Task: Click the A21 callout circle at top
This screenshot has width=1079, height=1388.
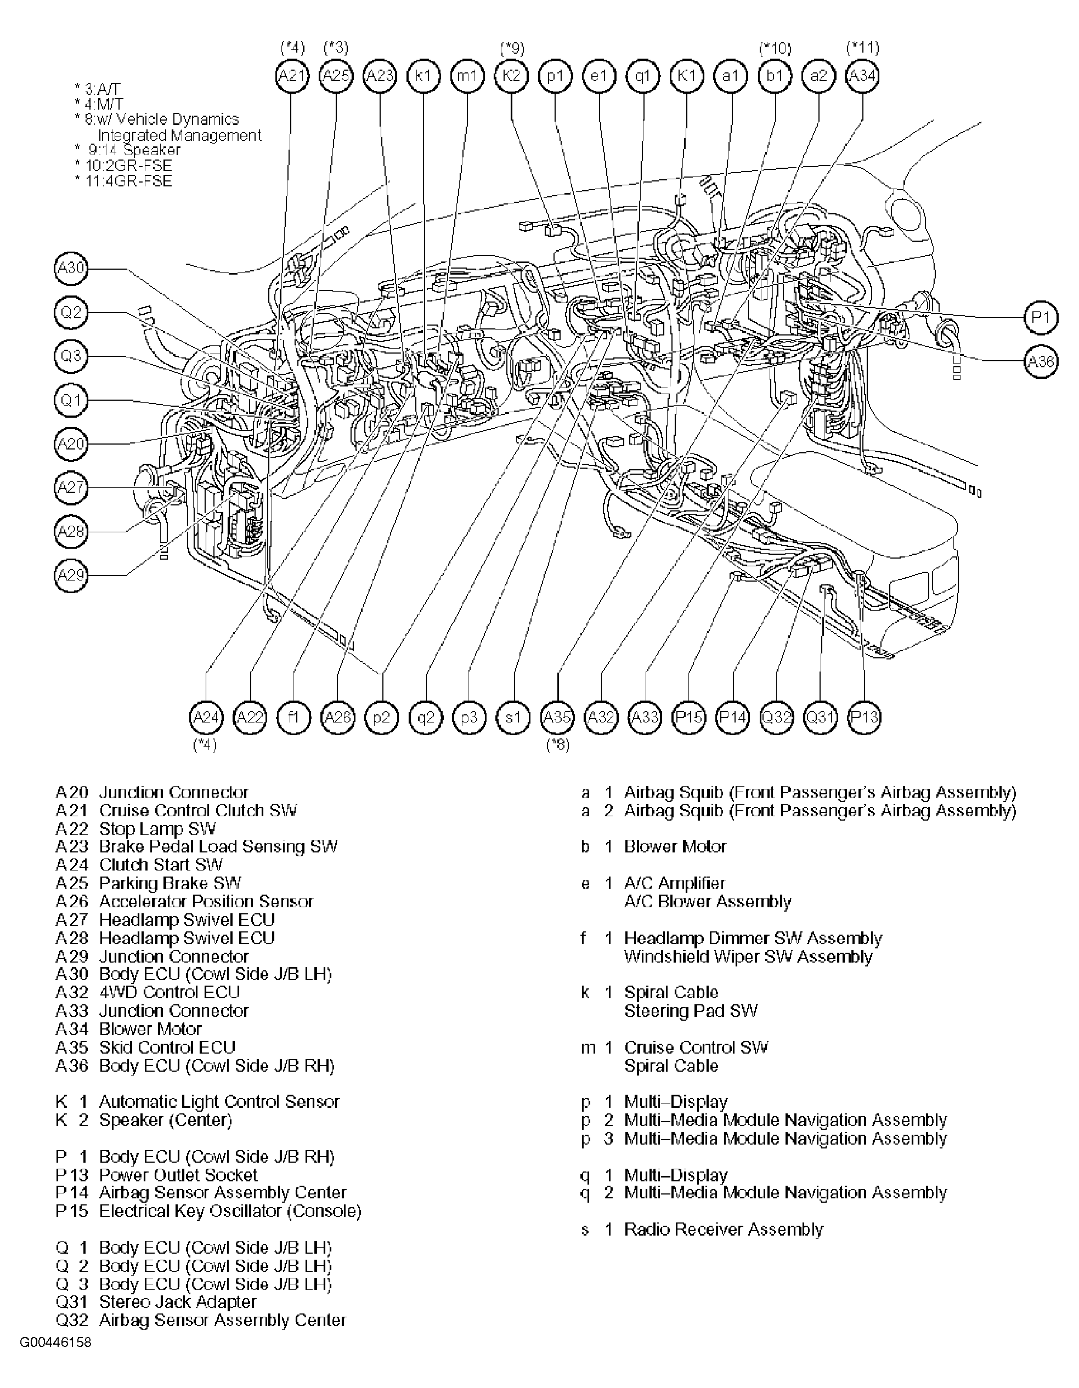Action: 292,76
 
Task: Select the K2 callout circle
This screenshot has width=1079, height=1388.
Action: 511,76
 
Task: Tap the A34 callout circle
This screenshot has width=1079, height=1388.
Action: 862,76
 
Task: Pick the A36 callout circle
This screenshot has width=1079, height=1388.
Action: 1041,362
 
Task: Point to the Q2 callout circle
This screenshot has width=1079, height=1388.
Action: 71,312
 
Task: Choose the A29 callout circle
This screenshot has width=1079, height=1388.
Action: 71,575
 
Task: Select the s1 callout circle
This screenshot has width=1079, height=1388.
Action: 513,718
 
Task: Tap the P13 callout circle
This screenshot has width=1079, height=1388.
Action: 864,718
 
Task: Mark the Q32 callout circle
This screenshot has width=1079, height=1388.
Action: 776,718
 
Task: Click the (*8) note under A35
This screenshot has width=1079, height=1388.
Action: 558,745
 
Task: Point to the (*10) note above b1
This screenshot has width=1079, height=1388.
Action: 775,48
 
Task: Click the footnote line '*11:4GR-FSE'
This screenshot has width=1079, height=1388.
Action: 123,181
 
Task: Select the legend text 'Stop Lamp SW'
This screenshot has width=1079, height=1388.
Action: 157,829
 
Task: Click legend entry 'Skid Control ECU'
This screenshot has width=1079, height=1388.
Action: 167,1048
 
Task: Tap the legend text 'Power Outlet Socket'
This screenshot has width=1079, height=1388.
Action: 178,1175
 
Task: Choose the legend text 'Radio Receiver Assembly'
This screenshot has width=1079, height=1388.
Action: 723,1229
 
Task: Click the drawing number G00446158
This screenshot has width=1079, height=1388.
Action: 55,1343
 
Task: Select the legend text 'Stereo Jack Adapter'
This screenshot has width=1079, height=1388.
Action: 177,1302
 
